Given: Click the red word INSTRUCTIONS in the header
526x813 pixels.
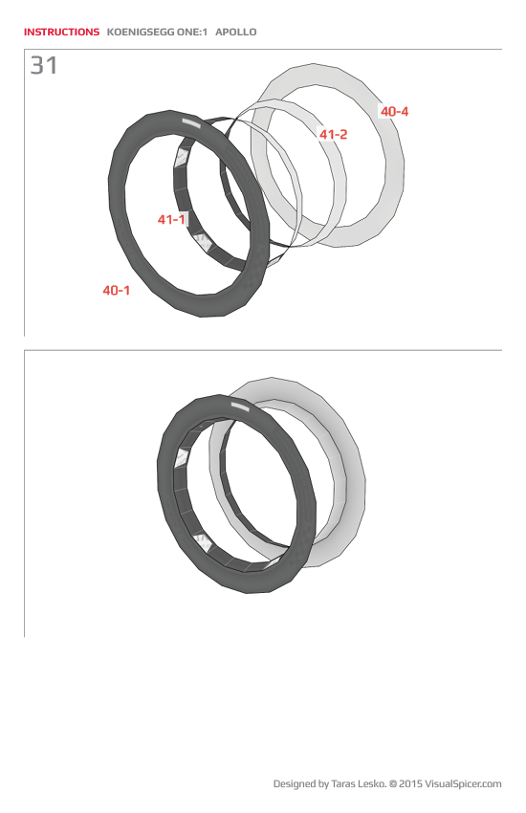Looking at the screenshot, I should pyautogui.click(x=61, y=33).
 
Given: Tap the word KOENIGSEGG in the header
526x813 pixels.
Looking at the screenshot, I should pyautogui.click(x=140, y=33).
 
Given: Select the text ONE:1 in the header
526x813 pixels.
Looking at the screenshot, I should pyautogui.click(x=190, y=33).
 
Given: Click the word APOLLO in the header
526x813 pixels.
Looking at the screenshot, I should pyautogui.click(x=235, y=33).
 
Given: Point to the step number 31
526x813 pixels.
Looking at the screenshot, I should pyautogui.click(x=44, y=66).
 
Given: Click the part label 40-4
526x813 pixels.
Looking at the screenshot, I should pyautogui.click(x=394, y=112).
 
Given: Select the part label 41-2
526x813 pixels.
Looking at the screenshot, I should pyautogui.click(x=333, y=135).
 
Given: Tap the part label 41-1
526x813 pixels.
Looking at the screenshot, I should pyautogui.click(x=171, y=220).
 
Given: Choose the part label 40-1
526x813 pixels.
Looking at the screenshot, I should pyautogui.click(x=117, y=290).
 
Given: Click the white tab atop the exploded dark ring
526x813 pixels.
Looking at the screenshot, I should pyautogui.click(x=190, y=123).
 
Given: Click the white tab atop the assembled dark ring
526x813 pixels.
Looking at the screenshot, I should pyautogui.click(x=239, y=406).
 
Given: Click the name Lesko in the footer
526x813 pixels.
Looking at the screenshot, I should pyautogui.click(x=372, y=784).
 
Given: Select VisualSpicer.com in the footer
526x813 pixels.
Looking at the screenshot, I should pyautogui.click(x=463, y=784).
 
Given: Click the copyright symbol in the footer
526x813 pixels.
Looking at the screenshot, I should pyautogui.click(x=392, y=784).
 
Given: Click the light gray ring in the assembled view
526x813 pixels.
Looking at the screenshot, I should pyautogui.click(x=349, y=478).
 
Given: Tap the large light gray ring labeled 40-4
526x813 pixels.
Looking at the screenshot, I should pyautogui.click(x=388, y=172).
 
